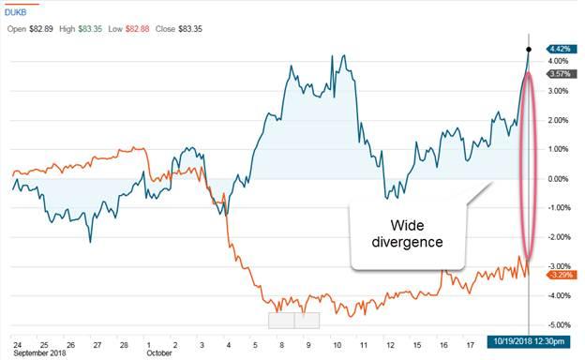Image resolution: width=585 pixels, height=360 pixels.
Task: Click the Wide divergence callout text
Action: [x=410, y=232]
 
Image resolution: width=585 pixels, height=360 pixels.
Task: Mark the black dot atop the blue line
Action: [x=530, y=49]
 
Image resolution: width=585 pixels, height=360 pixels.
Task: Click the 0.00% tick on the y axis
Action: [x=561, y=179]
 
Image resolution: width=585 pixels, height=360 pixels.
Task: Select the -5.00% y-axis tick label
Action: [x=561, y=325]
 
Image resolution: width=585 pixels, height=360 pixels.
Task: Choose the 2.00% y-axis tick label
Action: [x=561, y=120]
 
